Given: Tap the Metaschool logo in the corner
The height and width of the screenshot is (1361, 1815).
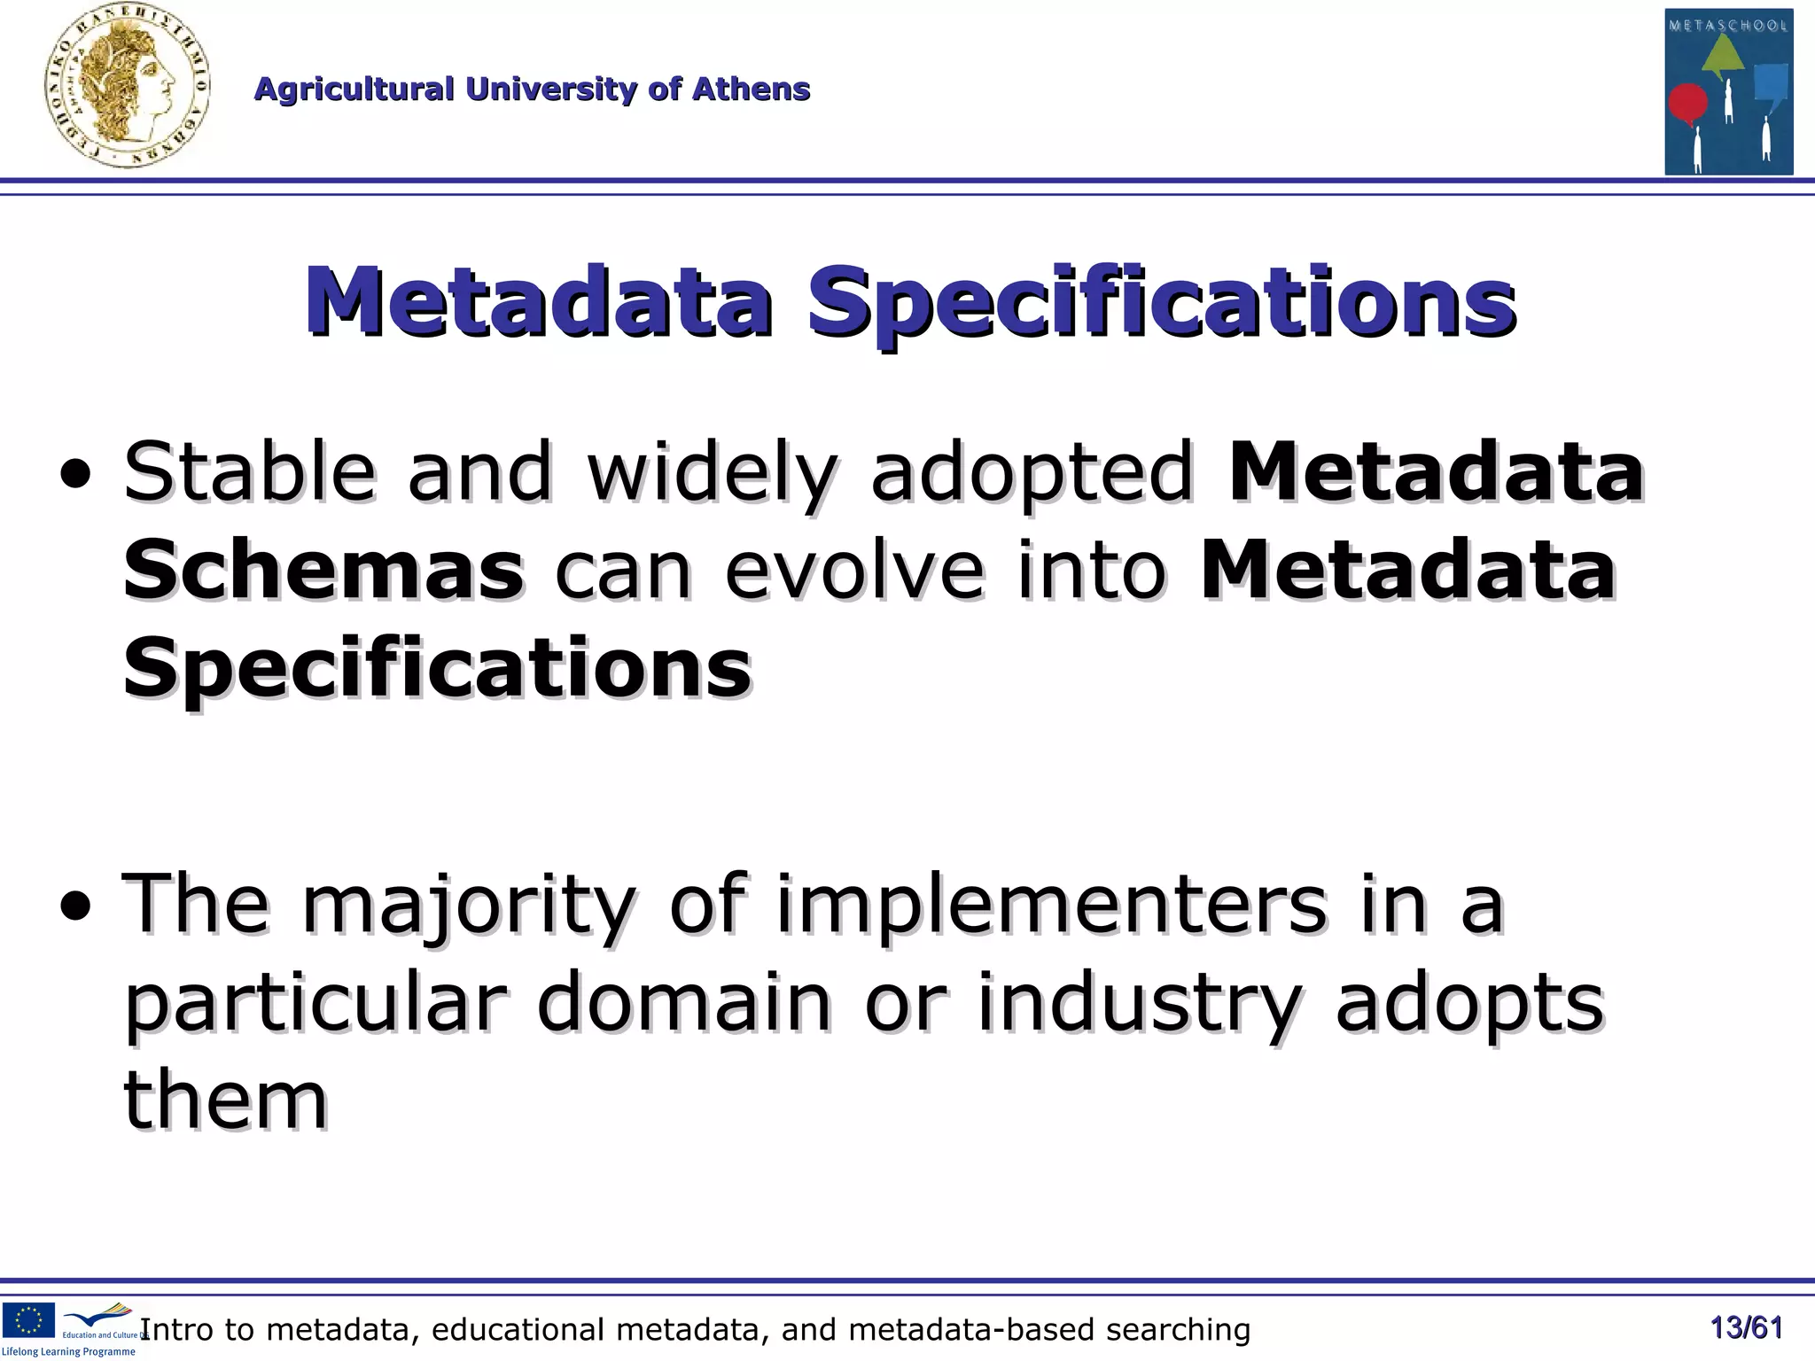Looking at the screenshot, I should (x=1728, y=91).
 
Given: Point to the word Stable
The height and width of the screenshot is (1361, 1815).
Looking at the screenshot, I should (x=250, y=471).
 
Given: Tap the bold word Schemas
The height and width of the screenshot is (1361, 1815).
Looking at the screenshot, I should (x=323, y=570).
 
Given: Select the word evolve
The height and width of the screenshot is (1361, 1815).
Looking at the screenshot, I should (x=853, y=570).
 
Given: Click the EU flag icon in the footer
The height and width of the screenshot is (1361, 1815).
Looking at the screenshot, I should (x=28, y=1319).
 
